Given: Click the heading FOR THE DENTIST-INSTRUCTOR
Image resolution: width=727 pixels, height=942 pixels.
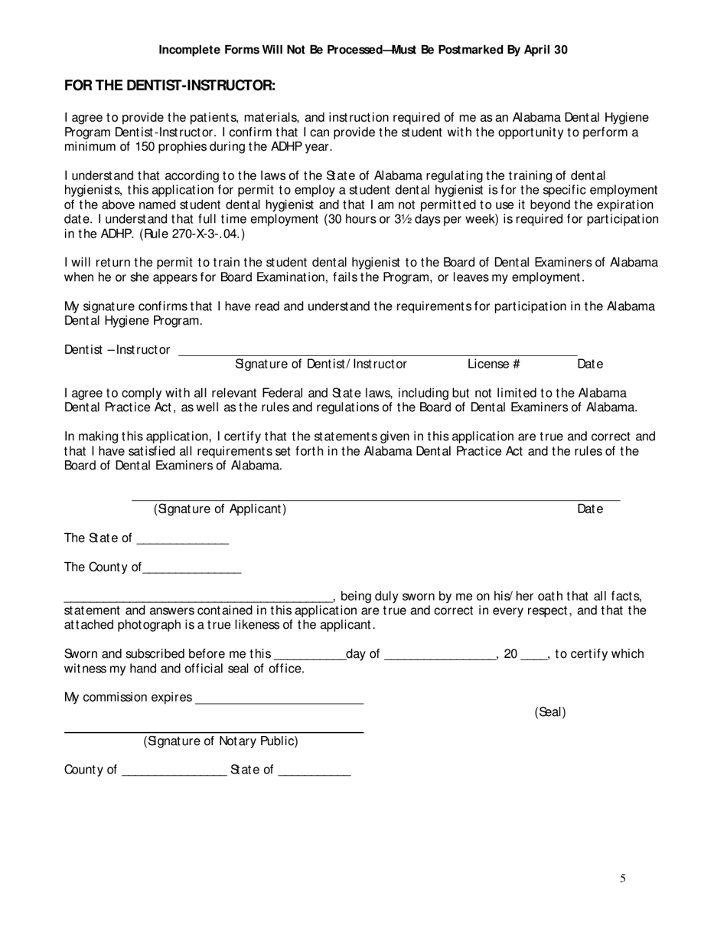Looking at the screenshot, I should [x=170, y=85].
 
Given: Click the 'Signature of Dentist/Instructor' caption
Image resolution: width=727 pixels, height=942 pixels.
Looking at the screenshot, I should [x=321, y=365].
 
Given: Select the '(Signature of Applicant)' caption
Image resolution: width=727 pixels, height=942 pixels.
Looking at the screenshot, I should [x=220, y=509].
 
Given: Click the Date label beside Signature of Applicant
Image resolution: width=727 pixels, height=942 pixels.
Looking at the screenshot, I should [x=589, y=509].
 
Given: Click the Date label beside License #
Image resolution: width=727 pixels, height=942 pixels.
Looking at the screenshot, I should [x=589, y=365].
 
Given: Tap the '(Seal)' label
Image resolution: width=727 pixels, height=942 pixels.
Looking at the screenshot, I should [x=549, y=712].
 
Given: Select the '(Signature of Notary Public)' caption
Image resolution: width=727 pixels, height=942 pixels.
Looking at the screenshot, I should [x=220, y=741].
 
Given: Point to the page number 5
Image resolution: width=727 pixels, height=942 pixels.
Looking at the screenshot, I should [x=623, y=879].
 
